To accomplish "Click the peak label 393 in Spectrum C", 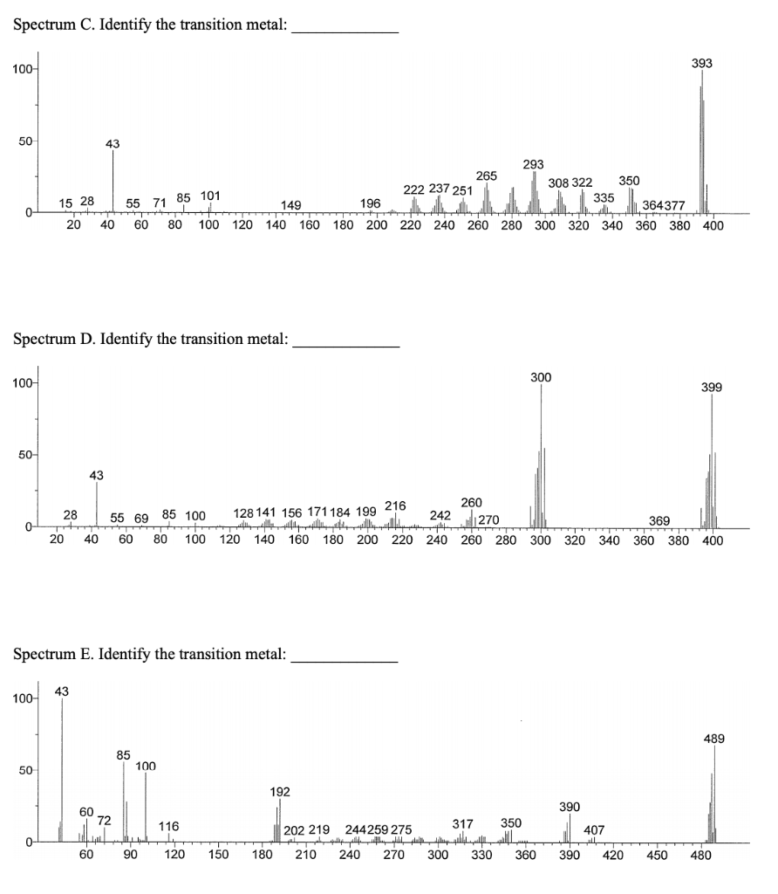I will coord(702,64).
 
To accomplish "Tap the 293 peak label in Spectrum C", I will coord(533,164).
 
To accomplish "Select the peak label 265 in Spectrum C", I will coord(487,176).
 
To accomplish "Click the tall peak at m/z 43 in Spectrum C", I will coord(113,179).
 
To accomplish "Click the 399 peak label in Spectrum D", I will coord(712,387).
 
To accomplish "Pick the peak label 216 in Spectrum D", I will coord(395,505).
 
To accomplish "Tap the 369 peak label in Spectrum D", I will coord(659,521).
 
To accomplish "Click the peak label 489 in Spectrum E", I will coord(714,739).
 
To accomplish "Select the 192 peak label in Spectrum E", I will coord(280,792).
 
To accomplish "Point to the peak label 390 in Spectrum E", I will coord(570,807).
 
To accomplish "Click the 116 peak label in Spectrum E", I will coord(169,826).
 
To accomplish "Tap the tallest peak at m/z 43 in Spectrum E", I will coord(62,768).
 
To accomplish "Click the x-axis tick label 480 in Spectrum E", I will coord(700,856).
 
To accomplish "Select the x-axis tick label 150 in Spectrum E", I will coord(218,856).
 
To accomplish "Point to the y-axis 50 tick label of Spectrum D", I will coord(25,456).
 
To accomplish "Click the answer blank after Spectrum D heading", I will coord(346,339).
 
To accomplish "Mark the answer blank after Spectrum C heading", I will coord(345,24).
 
